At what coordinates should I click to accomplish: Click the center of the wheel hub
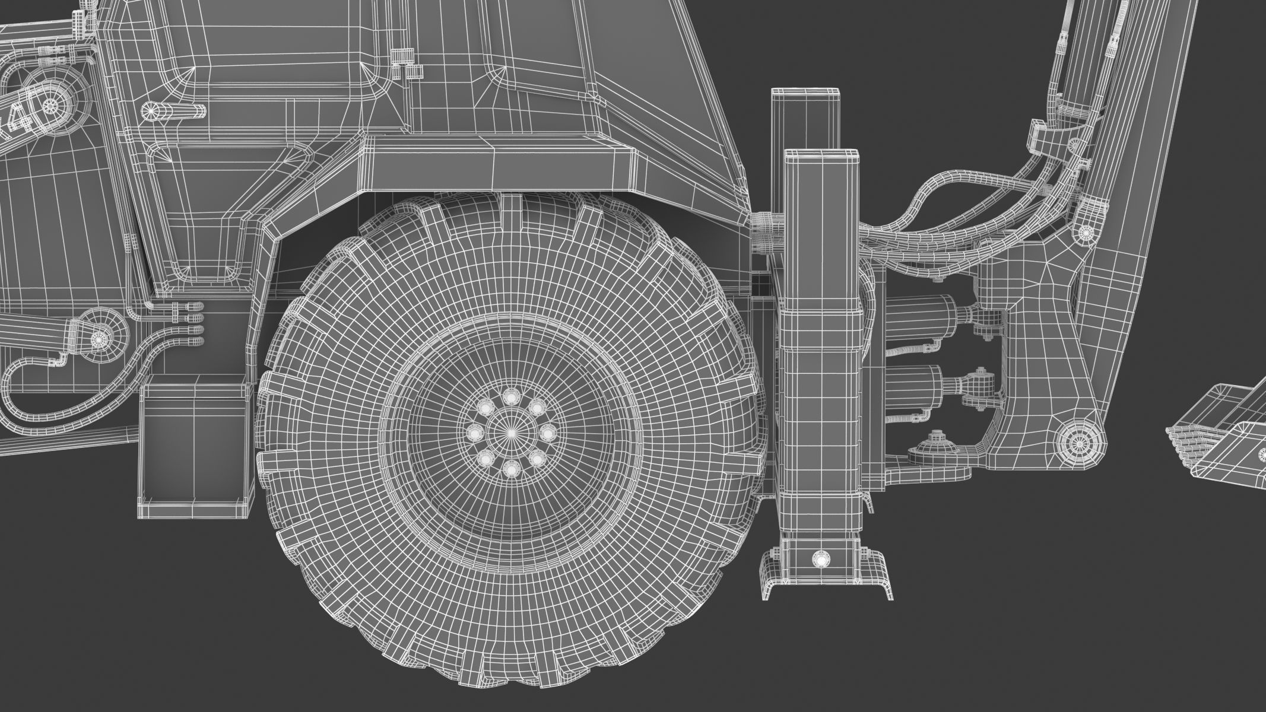tap(511, 434)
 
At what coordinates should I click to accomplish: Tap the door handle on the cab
tap(174, 110)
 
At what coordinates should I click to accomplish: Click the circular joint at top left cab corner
tap(50, 104)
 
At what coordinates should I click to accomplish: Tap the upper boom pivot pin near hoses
tap(1086, 231)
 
